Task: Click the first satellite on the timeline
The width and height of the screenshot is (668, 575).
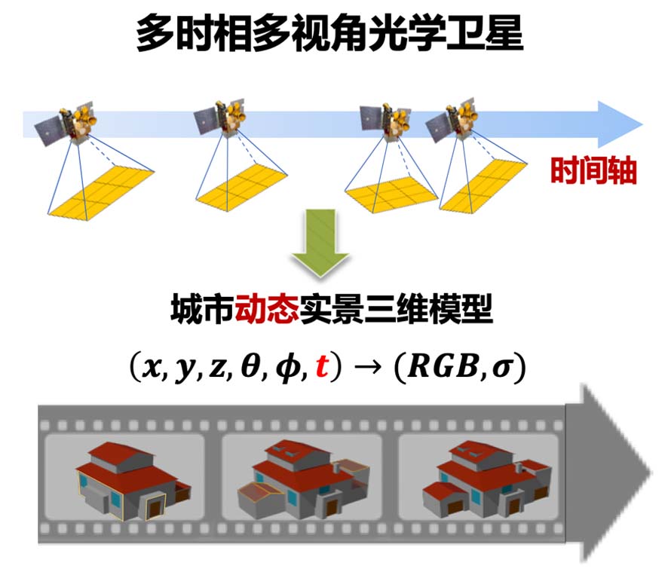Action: [x=69, y=124]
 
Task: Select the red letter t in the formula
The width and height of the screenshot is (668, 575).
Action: [x=322, y=367]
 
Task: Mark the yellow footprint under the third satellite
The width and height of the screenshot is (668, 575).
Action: [x=391, y=191]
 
